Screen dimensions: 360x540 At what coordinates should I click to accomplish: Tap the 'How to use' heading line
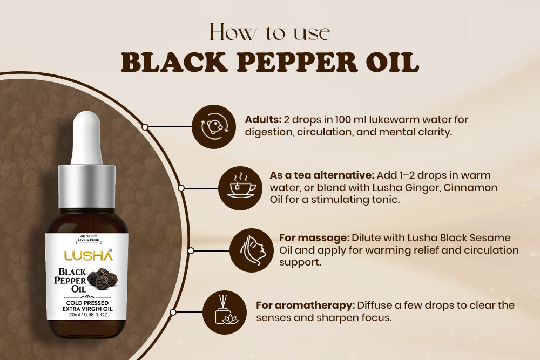click(269, 32)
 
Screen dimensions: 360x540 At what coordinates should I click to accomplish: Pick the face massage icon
click(251, 250)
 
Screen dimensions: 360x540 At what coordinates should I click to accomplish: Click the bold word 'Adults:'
click(264, 120)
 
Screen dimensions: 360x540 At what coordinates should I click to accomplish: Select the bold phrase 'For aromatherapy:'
click(305, 305)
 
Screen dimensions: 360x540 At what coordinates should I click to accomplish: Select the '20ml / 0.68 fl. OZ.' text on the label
click(86, 315)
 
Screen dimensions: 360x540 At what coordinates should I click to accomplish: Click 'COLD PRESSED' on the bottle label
click(86, 302)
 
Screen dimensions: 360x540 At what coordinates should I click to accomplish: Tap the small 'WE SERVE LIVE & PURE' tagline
click(86, 240)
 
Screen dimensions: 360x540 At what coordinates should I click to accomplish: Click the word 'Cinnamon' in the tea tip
click(471, 187)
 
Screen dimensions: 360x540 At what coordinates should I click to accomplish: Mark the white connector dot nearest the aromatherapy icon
click(173, 312)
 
